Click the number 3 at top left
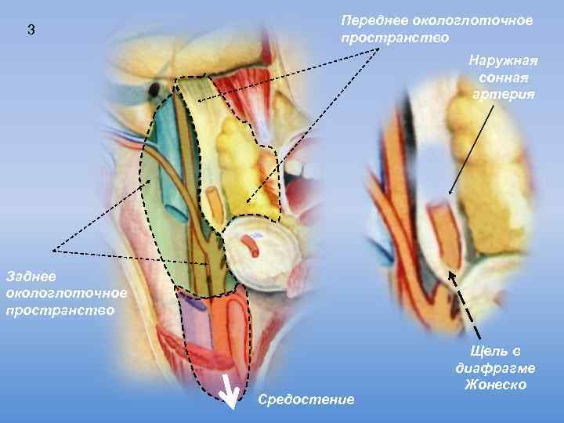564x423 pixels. (31, 31)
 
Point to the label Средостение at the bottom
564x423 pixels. (305, 399)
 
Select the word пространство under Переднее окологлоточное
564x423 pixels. (395, 37)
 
